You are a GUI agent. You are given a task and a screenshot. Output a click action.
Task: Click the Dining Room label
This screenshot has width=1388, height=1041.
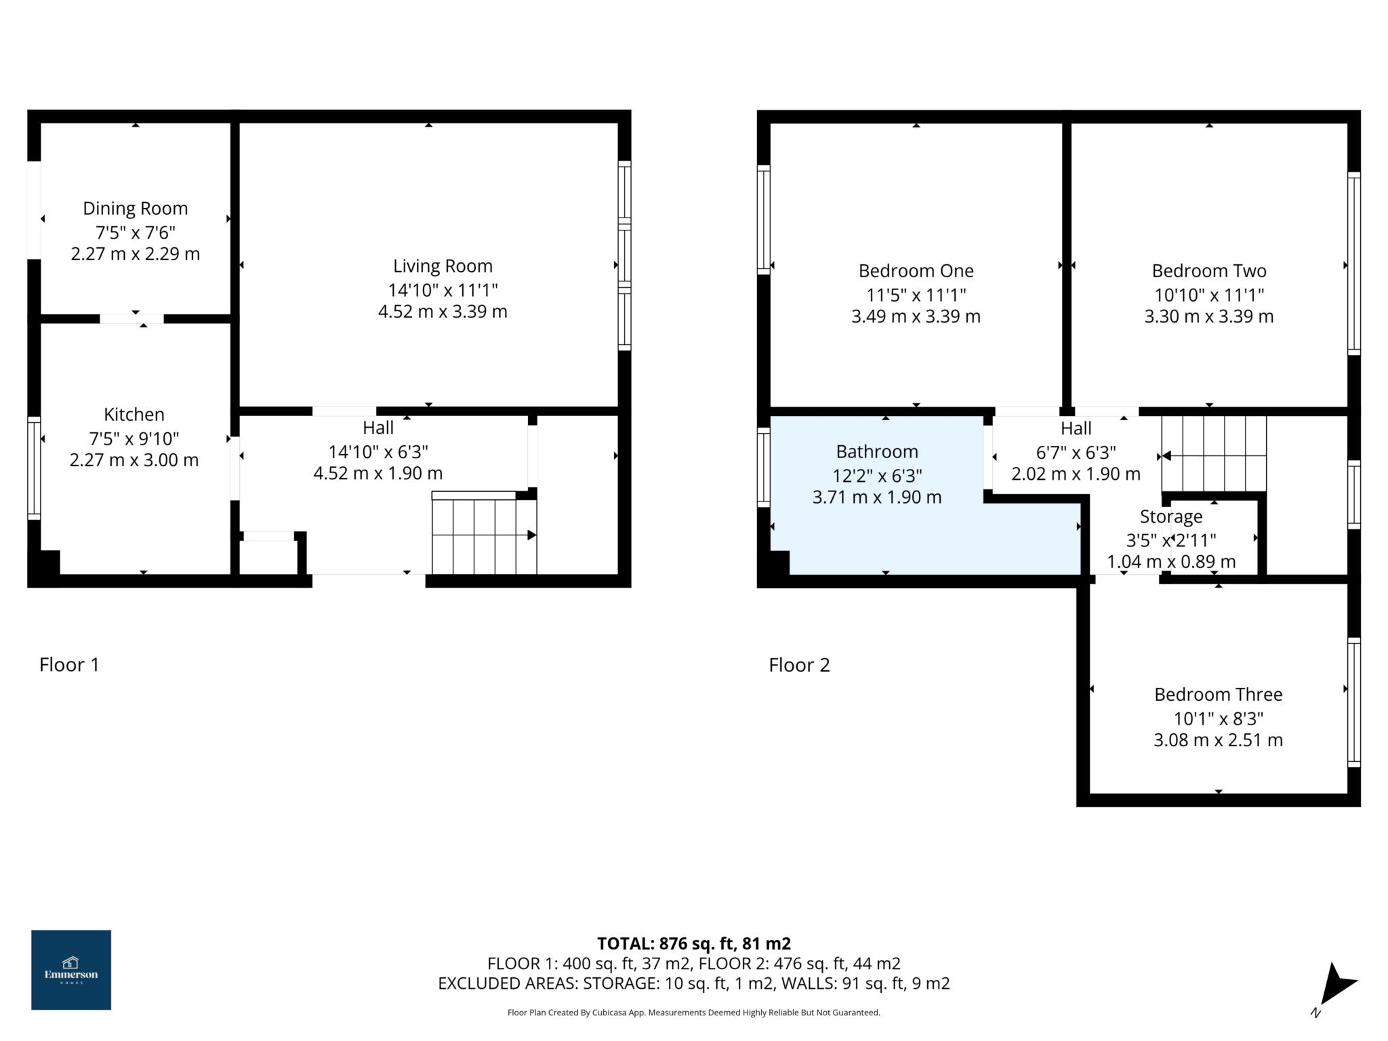[x=135, y=208]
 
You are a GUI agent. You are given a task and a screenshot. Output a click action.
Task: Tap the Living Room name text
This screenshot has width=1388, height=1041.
[x=443, y=266]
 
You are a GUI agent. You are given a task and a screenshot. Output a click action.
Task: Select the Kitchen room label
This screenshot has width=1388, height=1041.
[x=134, y=414]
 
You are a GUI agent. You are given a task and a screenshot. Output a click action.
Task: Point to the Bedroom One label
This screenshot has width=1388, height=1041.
[x=916, y=270]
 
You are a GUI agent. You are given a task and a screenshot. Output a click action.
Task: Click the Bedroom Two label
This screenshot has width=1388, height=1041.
[x=1209, y=270]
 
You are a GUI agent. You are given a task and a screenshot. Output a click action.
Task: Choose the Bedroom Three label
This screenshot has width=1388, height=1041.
[x=1218, y=694]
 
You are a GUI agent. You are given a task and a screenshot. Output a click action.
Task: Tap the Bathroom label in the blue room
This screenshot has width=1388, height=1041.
[x=877, y=451]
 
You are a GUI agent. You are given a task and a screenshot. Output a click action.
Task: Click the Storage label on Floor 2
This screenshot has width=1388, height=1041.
[x=1170, y=516]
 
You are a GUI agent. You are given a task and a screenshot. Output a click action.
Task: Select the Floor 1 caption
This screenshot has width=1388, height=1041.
[x=69, y=664]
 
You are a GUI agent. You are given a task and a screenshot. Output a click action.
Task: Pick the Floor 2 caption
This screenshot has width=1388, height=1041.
[x=799, y=665]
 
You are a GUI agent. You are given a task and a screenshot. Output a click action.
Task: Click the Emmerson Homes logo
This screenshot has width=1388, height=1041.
[x=71, y=970]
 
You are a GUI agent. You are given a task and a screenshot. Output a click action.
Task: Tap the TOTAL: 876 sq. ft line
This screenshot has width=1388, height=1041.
[x=694, y=943]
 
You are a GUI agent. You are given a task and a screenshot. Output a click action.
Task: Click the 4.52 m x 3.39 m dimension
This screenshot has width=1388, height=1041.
[x=443, y=312]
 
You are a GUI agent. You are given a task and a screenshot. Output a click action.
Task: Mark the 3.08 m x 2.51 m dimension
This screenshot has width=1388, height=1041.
[x=1218, y=740]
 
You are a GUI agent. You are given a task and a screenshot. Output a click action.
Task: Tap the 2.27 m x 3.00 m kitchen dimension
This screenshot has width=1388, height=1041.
[x=134, y=460]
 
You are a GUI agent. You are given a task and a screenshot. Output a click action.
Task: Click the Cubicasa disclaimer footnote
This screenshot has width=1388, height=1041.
[x=694, y=1013]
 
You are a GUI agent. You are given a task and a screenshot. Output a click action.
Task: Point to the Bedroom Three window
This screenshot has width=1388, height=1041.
[x=1353, y=702]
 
